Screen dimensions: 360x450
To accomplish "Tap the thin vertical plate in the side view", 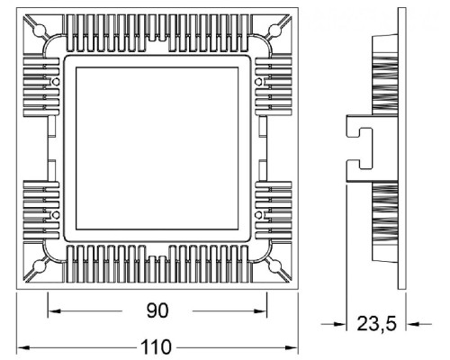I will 401,148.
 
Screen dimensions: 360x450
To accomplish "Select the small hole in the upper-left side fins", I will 57,83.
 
